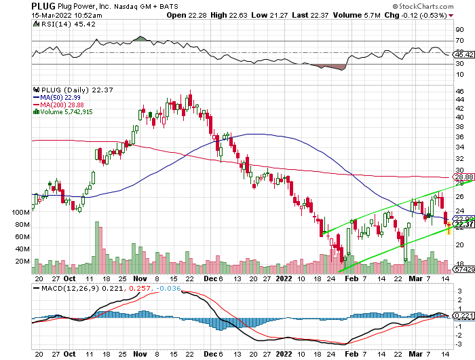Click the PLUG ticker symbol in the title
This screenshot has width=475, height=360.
pos(17,5)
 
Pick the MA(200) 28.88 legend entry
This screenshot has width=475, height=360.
pos(63,105)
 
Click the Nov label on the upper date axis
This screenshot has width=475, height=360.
pos(140,278)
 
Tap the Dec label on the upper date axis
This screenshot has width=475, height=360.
pos(210,278)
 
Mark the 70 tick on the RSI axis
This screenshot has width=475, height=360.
pos(460,41)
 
